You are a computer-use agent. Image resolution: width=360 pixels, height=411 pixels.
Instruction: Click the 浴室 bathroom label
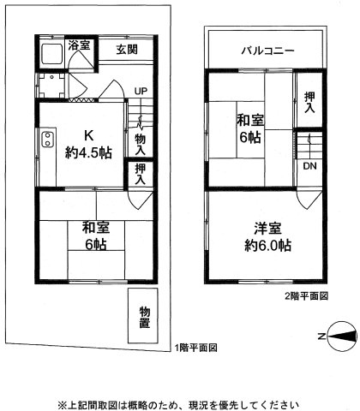click(80, 45)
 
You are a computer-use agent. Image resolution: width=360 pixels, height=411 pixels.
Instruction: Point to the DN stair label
click(308, 166)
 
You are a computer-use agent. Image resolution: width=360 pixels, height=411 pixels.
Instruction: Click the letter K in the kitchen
click(87, 134)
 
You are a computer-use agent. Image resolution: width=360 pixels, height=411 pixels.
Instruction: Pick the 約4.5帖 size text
click(87, 153)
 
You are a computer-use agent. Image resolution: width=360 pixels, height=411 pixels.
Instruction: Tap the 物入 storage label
click(141, 143)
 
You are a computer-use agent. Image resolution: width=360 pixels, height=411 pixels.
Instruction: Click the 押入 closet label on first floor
click(141, 176)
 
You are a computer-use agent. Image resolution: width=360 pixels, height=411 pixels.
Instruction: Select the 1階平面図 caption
click(195, 348)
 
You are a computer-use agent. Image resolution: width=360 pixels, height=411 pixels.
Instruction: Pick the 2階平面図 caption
click(305, 295)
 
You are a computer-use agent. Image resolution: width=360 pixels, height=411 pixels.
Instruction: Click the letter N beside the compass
click(320, 337)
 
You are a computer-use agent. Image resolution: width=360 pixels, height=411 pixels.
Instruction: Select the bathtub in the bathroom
click(51, 55)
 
